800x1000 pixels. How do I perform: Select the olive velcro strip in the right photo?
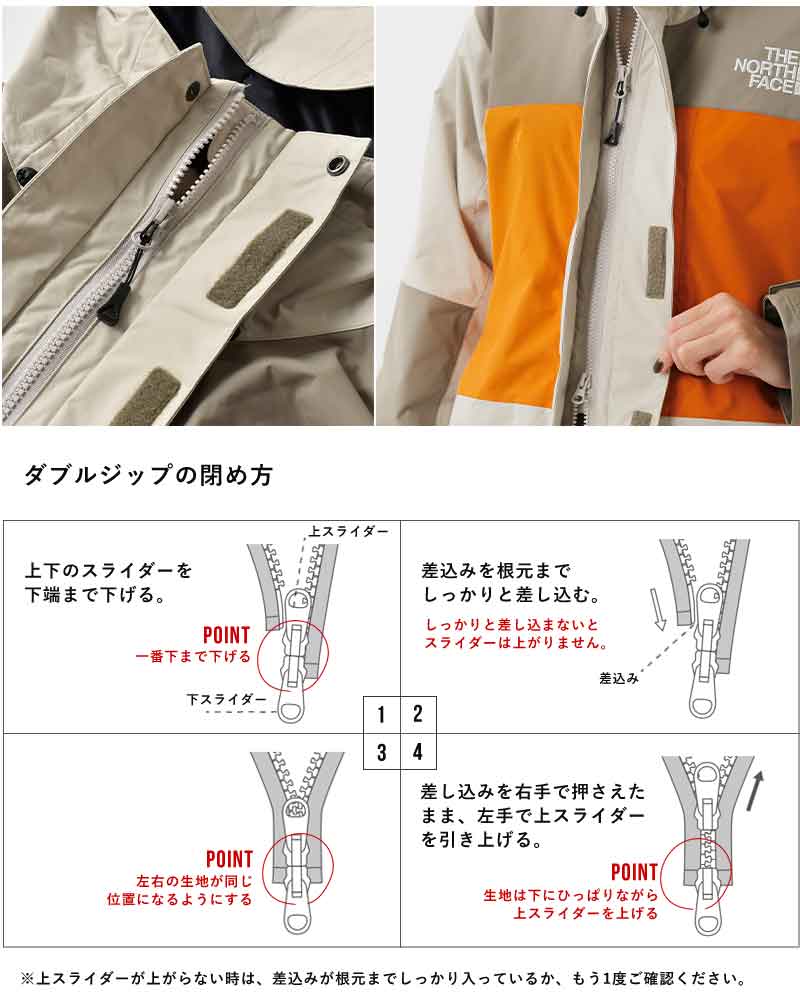(656, 262)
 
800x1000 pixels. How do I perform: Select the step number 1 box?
(381, 714)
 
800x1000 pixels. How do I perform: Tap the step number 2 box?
(419, 714)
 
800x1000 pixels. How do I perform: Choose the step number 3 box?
(381, 752)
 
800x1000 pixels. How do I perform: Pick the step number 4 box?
(419, 752)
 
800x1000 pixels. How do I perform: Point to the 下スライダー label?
(226, 698)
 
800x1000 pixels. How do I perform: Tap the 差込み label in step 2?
(619, 678)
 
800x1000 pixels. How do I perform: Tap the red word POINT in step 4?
(634, 871)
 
